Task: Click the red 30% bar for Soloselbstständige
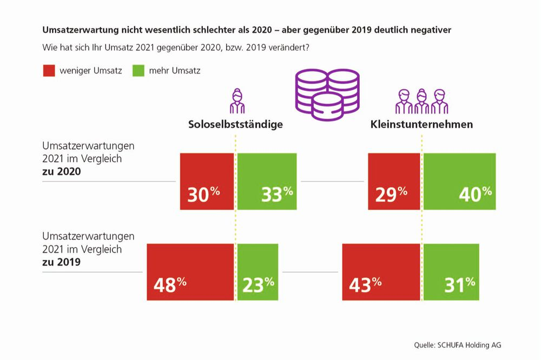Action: pos(207,181)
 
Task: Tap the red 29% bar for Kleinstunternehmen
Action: pos(394,181)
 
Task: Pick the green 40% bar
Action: pos(459,181)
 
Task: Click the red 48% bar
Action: pos(190,272)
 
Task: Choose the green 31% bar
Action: pos(451,272)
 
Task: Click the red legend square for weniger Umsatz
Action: pos(49,70)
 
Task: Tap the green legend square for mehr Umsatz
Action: pos(138,70)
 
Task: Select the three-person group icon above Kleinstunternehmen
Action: pos(420,101)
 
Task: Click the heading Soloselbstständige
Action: pos(235,124)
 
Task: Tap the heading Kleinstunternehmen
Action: pos(421,124)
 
